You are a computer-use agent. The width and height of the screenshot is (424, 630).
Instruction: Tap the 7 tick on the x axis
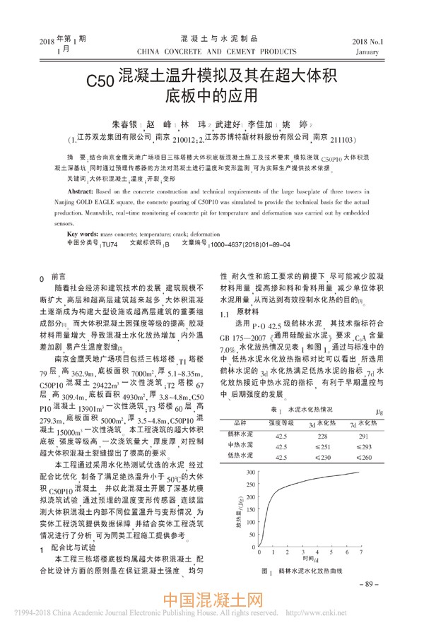pyautogui.click(x=360, y=555)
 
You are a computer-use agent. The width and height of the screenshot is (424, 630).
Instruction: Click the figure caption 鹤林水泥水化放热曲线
pyautogui.click(x=310, y=570)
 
